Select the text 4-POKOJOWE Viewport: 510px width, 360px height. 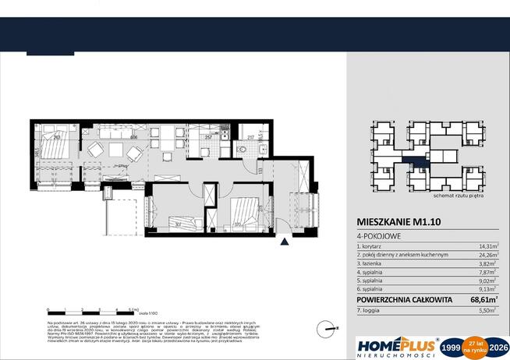(x=374, y=235)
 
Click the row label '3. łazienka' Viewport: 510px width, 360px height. (x=376, y=263)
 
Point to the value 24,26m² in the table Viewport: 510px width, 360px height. (x=485, y=254)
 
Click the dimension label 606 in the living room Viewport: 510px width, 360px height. (x=134, y=137)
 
